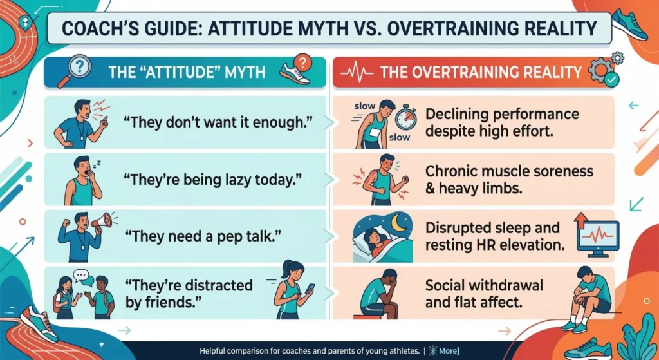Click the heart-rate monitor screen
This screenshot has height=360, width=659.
pyautogui.click(x=598, y=236)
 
